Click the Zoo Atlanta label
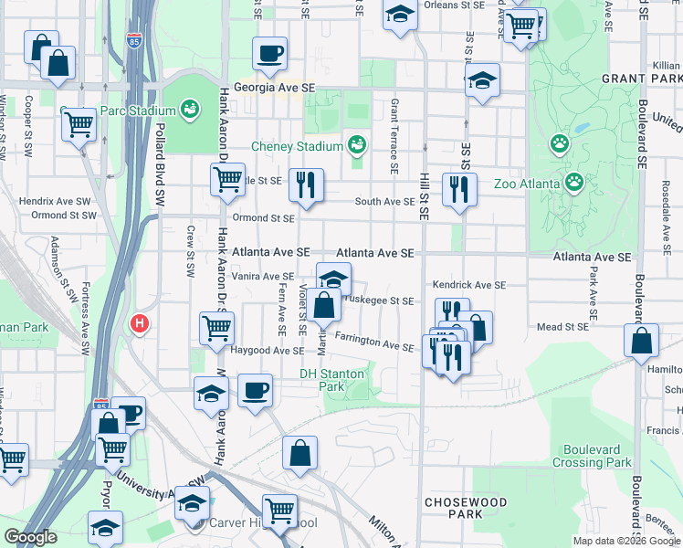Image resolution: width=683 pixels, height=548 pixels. [x=527, y=184]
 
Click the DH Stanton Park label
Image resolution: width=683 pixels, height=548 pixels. [x=331, y=380]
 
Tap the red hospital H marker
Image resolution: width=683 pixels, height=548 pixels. [x=140, y=323]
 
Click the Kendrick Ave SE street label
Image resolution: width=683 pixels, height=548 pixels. [x=468, y=285]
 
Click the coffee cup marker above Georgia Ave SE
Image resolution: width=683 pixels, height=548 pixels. [x=269, y=54]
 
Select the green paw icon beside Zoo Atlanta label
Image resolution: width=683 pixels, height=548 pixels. [x=574, y=183]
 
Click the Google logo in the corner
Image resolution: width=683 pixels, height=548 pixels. [x=31, y=537]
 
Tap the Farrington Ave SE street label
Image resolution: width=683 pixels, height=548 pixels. [x=373, y=343]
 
